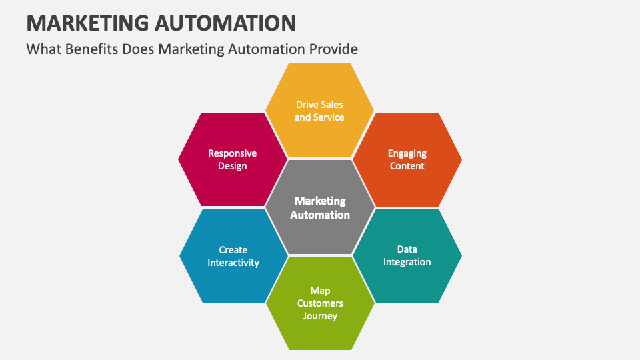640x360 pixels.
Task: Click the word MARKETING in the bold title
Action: (x=88, y=23)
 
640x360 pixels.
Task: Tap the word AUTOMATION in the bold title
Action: (x=225, y=23)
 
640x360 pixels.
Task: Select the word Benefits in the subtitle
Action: (x=92, y=49)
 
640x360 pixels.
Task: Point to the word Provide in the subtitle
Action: (x=333, y=49)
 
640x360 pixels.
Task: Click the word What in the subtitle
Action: (x=44, y=49)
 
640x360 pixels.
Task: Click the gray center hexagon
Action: (x=320, y=207)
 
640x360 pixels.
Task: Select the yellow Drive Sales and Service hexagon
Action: (x=319, y=110)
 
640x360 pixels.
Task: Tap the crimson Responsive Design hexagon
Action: (x=233, y=159)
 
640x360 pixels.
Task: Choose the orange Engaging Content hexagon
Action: (x=407, y=159)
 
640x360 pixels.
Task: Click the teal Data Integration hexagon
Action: (x=407, y=255)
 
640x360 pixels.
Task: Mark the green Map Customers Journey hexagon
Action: (x=320, y=303)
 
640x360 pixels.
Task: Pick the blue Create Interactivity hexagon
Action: (x=233, y=256)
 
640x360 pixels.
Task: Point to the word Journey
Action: (x=320, y=316)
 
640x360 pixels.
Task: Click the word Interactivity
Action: (x=233, y=263)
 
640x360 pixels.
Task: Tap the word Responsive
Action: (x=233, y=153)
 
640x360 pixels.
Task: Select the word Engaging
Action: (x=407, y=154)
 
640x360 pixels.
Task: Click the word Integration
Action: (x=407, y=262)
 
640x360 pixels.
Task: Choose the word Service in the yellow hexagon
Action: (x=329, y=117)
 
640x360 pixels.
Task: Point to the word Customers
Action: (x=320, y=303)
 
